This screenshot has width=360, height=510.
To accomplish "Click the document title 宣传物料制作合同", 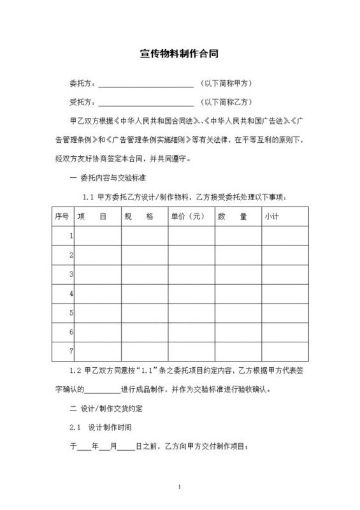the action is click(180, 55).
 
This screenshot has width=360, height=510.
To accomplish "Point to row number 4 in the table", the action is click(71, 294).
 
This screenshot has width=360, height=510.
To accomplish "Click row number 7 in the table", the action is click(71, 351).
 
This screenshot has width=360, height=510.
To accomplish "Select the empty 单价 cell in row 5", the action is click(191, 313).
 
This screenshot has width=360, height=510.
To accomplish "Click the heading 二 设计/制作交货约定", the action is click(106, 407).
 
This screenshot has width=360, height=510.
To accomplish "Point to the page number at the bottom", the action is click(180, 487).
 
